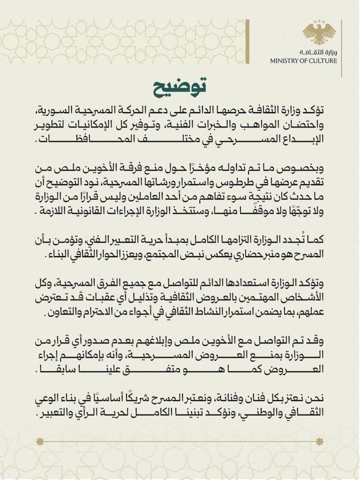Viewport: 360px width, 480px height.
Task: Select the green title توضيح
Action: point(180,88)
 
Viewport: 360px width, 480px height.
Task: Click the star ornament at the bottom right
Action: point(319,441)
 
